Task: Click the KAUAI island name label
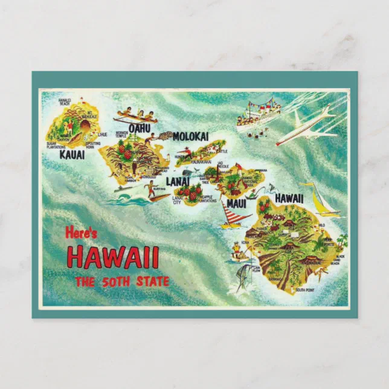coord(72,155)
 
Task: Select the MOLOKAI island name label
coord(190,137)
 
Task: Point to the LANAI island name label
coord(178,180)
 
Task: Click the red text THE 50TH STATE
coord(122,281)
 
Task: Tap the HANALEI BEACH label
coord(65,101)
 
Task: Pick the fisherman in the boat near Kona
coord(237,249)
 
